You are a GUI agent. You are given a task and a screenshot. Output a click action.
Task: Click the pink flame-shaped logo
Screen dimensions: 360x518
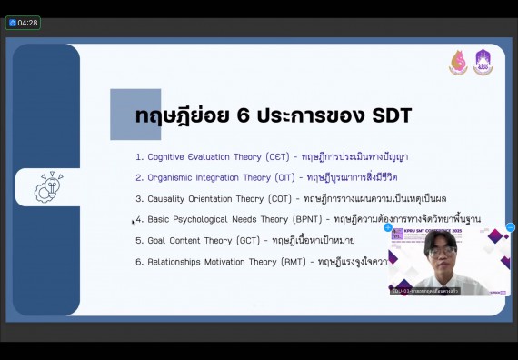pyautogui.click(x=458, y=62)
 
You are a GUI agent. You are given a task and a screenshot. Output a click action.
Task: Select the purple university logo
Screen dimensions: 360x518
pyautogui.click(x=483, y=62)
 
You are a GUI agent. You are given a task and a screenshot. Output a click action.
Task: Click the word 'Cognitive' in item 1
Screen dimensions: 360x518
pyautogui.click(x=168, y=156)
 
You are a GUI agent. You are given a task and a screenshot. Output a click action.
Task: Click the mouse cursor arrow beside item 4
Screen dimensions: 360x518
pyautogui.click(x=133, y=221)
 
